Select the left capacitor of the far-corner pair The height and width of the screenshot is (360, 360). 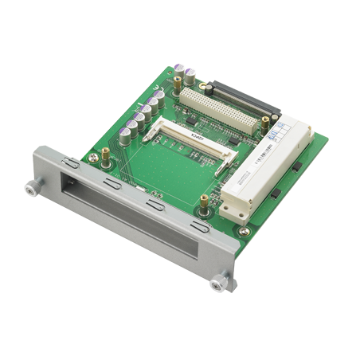[180, 68]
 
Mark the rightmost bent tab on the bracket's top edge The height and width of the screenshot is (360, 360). [198, 229]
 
